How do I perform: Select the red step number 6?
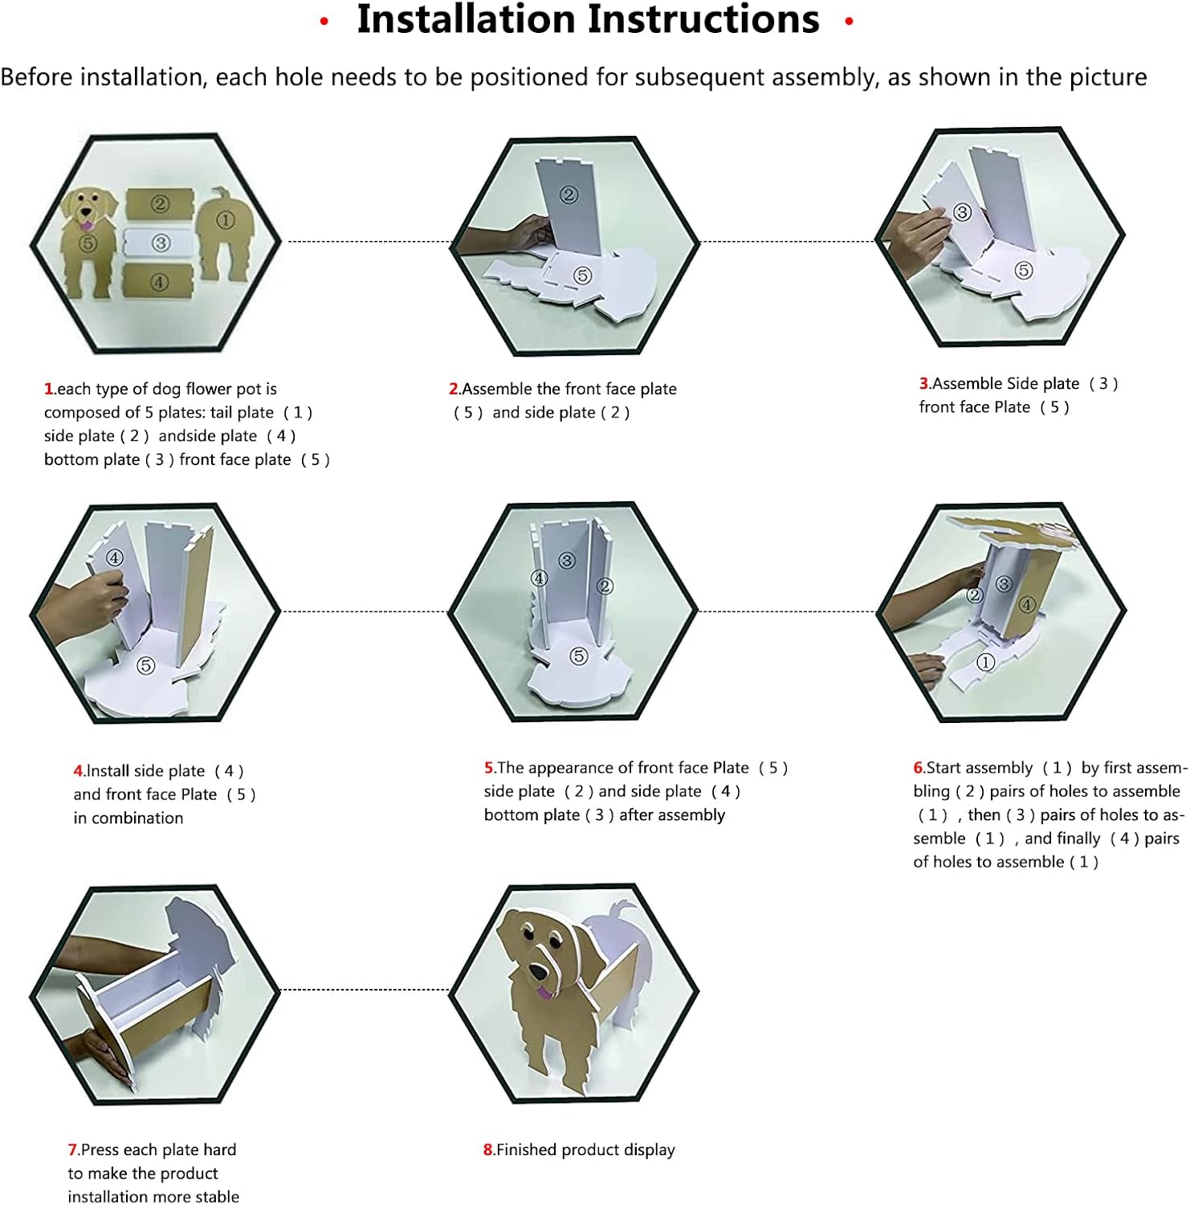(919, 768)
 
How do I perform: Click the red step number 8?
(488, 1150)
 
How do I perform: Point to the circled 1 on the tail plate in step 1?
(225, 219)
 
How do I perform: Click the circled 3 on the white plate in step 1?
(161, 243)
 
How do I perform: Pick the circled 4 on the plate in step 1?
(159, 282)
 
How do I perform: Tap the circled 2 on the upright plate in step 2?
(569, 194)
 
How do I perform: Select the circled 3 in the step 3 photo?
(962, 212)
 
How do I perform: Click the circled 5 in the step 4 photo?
(145, 665)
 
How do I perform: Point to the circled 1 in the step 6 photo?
(985, 662)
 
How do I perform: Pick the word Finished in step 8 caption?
(527, 1150)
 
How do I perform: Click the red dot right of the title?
(849, 21)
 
